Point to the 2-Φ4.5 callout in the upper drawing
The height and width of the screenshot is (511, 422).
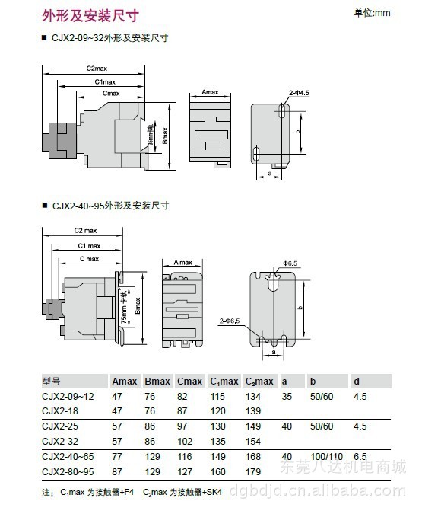pos(299,93)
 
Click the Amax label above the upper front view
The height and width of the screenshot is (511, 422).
pos(210,92)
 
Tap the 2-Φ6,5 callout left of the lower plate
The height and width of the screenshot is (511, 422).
pos(229,321)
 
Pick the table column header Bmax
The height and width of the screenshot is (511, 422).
pos(157,382)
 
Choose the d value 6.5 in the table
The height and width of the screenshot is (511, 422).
pos(360,457)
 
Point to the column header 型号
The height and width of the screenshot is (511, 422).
pos(51,382)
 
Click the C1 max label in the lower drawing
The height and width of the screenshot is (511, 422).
pos(89,245)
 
